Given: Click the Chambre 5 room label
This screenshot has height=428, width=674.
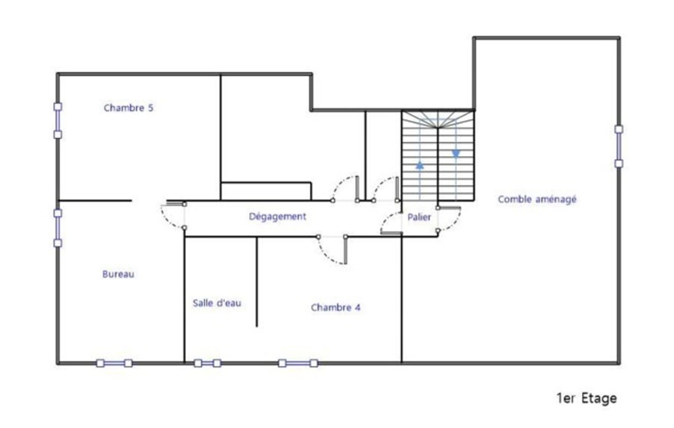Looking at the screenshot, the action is pos(128,108).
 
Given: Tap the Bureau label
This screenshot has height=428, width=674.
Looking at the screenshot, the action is pos(118,274).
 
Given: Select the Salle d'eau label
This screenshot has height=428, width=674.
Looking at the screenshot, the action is pos(217,303).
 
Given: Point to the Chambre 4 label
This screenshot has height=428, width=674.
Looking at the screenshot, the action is pos(336,307).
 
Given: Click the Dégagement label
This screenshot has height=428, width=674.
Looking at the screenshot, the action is pos(277,217).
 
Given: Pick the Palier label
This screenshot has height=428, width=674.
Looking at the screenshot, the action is pos(419,217).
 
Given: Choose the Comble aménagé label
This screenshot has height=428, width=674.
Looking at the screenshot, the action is pos(537,199).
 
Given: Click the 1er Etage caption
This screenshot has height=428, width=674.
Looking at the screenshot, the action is pos(587,398).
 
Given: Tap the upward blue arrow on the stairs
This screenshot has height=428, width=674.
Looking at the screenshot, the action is pos(420,165).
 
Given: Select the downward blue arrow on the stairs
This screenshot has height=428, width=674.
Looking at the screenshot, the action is pos(456,154).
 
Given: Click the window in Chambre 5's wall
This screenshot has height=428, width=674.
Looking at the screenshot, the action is pos(58,121).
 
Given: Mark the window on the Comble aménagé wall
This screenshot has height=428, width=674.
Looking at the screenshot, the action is pos(619,147).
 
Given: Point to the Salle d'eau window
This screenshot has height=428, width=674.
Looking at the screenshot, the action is pos(207,363).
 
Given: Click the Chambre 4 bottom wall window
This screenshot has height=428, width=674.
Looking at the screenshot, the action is pos(298,363).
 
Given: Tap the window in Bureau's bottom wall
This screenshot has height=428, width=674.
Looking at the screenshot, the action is pos(114,363).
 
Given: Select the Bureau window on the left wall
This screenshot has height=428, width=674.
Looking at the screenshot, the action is pos(58,228).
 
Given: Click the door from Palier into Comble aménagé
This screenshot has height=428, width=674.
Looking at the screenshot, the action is pos(449,219).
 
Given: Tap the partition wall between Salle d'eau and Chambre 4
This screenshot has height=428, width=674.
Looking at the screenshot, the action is pos(257,282).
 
